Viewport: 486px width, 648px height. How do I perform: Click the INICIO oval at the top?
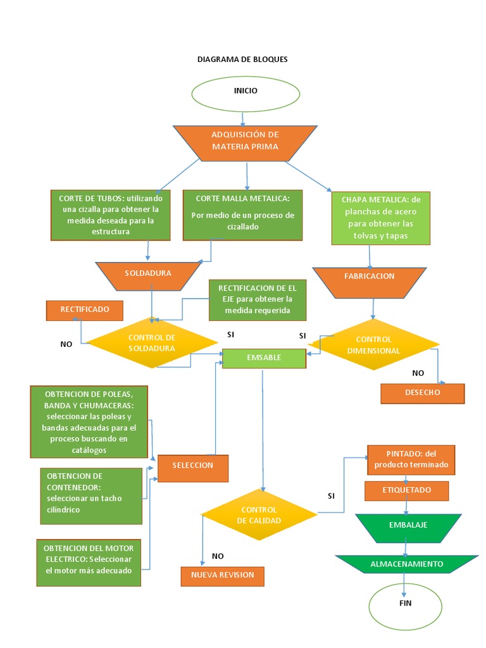(x=246, y=92)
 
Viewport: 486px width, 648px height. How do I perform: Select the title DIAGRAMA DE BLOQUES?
(x=242, y=59)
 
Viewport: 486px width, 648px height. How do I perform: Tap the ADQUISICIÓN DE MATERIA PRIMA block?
(x=245, y=142)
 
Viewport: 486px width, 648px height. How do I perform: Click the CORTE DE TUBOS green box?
(x=111, y=215)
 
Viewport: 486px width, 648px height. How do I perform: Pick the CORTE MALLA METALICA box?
(x=242, y=215)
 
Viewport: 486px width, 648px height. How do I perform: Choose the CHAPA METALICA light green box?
(x=381, y=218)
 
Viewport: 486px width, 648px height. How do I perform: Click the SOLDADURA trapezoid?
(x=148, y=273)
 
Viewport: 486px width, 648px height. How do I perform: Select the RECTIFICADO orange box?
(x=85, y=310)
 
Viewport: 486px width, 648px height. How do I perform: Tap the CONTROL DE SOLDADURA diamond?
(x=151, y=343)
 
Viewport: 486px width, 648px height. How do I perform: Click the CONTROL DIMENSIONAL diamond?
(x=373, y=345)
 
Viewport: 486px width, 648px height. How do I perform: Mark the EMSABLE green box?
(x=264, y=358)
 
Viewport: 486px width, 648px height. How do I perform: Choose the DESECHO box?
(x=422, y=393)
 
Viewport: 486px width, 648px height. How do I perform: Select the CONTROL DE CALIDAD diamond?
(x=259, y=514)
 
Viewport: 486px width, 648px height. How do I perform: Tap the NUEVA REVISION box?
(x=222, y=576)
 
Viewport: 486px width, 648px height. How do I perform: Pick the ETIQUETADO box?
(x=406, y=491)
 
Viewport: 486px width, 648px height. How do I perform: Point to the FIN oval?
(x=405, y=604)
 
